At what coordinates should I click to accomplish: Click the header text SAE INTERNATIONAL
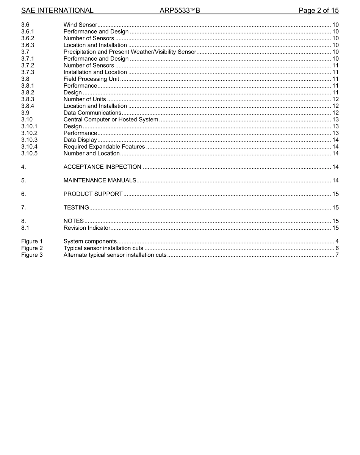click(57, 11)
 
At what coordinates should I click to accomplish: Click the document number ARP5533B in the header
click(180, 11)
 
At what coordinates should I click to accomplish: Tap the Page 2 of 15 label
click(318, 11)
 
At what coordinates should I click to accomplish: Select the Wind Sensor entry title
click(80, 25)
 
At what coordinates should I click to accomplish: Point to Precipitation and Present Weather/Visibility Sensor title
click(130, 52)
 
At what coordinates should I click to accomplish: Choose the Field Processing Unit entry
click(91, 79)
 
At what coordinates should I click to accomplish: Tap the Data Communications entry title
click(92, 113)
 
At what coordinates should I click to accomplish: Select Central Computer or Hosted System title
click(111, 119)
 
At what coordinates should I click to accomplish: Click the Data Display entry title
click(80, 140)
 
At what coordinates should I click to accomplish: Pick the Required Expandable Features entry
click(104, 147)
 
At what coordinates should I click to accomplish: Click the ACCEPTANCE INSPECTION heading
click(102, 167)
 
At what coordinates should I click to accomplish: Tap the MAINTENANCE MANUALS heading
click(100, 180)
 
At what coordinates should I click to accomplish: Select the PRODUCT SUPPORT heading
click(93, 194)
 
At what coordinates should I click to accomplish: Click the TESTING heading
click(76, 207)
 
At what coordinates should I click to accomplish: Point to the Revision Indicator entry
click(87, 228)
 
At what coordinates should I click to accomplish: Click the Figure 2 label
click(32, 248)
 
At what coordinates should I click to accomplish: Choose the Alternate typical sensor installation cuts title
click(115, 255)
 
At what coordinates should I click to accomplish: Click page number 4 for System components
click(337, 242)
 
